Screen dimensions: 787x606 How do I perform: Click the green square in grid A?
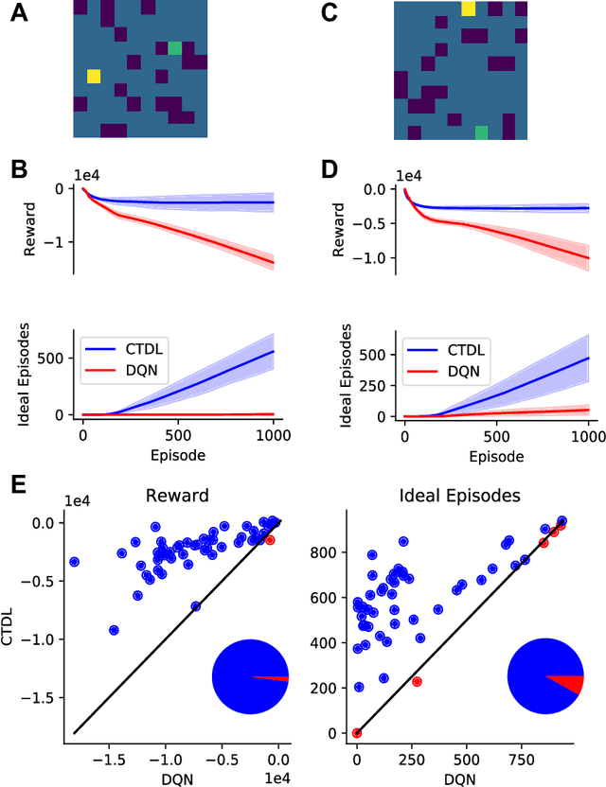click(174, 48)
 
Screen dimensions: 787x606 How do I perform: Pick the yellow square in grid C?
click(469, 9)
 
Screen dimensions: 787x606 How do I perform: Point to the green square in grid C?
click(482, 131)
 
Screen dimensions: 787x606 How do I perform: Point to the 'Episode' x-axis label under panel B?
click(177, 453)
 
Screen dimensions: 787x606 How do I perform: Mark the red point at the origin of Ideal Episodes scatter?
click(357, 733)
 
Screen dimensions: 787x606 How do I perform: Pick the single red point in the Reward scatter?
click(270, 539)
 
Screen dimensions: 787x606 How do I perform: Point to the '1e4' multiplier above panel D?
click(408, 176)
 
